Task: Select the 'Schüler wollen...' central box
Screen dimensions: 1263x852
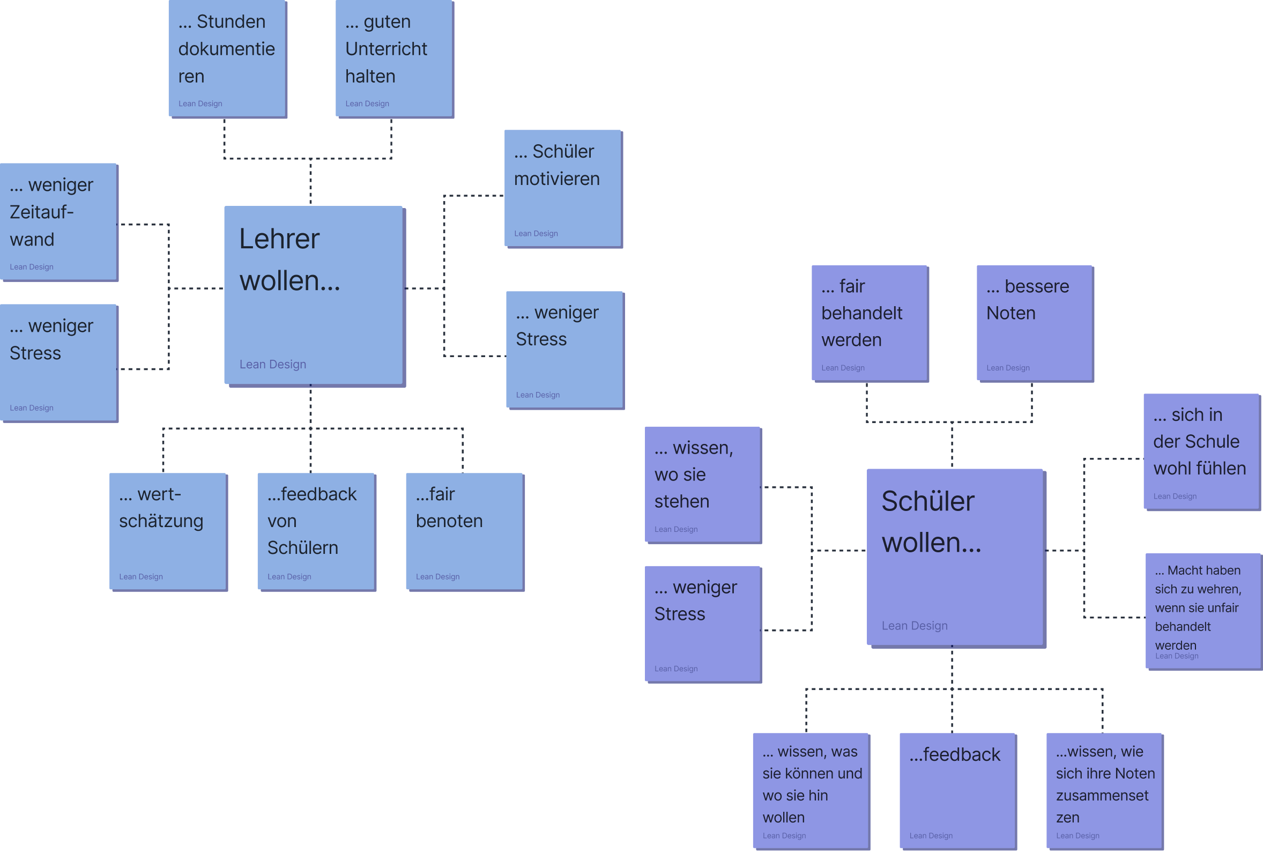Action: pos(955,558)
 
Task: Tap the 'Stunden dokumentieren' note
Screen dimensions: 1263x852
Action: pos(228,58)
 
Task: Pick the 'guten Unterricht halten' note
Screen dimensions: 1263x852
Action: pos(395,58)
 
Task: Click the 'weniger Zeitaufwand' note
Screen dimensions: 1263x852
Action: pos(58,222)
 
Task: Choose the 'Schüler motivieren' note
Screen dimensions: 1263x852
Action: pos(563,189)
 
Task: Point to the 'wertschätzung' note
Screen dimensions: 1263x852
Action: pos(168,532)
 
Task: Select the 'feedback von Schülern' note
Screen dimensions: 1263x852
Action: pos(317,532)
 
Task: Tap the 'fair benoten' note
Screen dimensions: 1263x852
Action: pos(465,532)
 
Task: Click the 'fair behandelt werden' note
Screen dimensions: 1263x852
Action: pos(870,324)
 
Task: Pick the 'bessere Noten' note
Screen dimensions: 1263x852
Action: pos(1035,324)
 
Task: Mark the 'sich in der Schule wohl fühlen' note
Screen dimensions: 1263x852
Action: pos(1202,452)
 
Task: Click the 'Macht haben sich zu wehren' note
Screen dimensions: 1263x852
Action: pos(1205,612)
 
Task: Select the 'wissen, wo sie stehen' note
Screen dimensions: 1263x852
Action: pos(703,485)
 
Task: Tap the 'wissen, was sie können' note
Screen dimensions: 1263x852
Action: pos(812,792)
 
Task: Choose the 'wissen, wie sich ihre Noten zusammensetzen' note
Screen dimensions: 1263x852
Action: pos(1105,792)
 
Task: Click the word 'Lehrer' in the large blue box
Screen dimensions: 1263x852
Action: pos(279,239)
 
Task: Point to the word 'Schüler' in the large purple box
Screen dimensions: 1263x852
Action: pos(928,501)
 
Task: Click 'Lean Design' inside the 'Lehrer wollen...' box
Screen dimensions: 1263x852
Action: pos(273,364)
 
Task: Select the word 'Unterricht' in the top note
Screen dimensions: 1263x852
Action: pos(386,49)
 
